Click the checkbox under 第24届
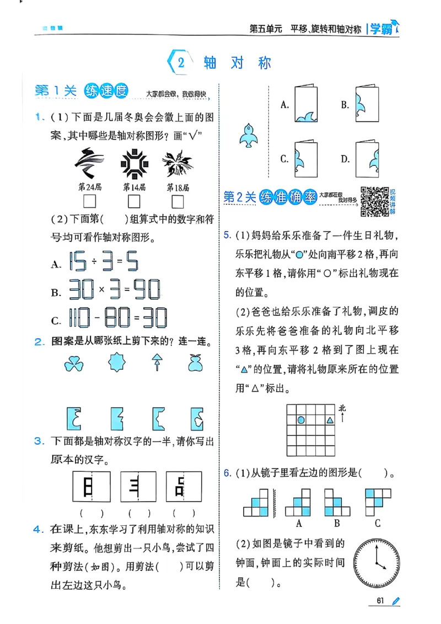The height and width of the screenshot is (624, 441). coord(89,201)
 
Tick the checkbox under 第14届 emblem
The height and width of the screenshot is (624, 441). coord(134,201)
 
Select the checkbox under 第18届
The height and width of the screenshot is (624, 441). coord(177,201)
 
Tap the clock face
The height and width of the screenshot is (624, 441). coord(377,563)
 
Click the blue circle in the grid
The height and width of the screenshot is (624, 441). coord(301,421)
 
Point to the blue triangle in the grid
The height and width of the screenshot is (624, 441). coord(330,421)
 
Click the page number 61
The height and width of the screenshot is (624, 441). coord(380,600)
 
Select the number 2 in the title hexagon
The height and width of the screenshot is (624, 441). coord(181,63)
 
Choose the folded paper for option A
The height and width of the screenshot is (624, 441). coord(305,104)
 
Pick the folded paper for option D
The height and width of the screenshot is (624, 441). coord(366,158)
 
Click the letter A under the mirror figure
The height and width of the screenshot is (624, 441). coord(299,523)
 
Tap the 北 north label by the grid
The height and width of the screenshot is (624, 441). coord(342,409)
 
